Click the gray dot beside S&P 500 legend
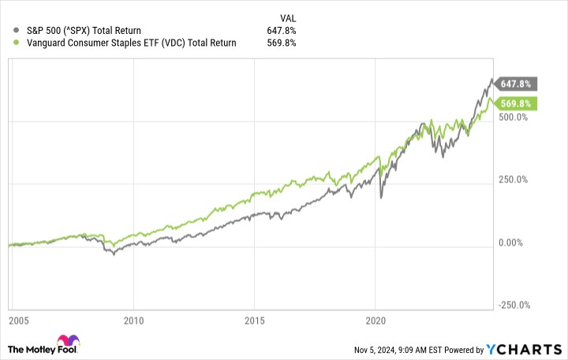[7, 31]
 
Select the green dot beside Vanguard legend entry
[7, 43]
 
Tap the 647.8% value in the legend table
[282, 31]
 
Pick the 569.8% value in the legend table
[282, 43]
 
